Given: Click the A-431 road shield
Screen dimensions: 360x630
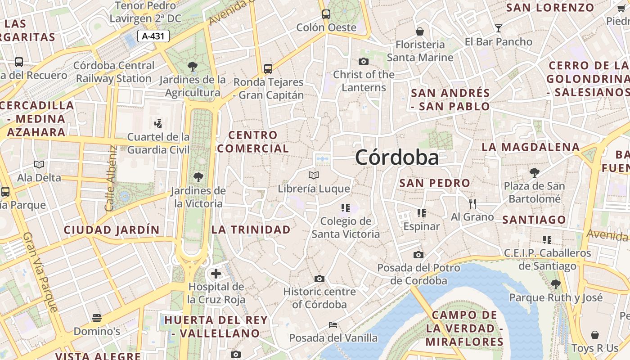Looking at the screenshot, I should [153, 36].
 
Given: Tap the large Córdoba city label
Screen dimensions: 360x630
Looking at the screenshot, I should [397, 157].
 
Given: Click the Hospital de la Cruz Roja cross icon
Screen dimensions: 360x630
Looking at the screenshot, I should [216, 273].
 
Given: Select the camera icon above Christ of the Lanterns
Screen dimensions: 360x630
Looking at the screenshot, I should [364, 61].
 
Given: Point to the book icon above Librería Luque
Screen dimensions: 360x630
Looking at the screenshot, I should [314, 175].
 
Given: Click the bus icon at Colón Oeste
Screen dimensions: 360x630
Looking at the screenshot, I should [326, 14].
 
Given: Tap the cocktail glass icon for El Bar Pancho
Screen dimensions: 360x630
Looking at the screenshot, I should [498, 28].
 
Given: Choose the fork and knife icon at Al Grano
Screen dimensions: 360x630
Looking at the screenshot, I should [472, 204].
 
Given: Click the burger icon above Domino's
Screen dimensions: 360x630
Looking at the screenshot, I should [96, 318].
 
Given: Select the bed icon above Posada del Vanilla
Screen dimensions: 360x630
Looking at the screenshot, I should [333, 324].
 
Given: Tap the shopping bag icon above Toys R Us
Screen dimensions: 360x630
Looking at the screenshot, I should [595, 335].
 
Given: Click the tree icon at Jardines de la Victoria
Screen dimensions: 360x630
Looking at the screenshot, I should [198, 177].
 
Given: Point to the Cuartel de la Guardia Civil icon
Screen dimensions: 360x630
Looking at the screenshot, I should [158, 123].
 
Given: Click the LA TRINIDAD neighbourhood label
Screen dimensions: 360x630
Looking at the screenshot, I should [251, 229].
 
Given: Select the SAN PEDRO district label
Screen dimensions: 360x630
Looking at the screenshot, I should [435, 183].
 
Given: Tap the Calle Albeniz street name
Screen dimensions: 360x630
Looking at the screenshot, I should [111, 178].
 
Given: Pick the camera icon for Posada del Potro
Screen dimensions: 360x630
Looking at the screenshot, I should [418, 255].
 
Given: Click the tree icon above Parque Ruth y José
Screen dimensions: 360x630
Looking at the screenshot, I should [555, 284].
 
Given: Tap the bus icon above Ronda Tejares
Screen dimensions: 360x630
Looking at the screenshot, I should [268, 69].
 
